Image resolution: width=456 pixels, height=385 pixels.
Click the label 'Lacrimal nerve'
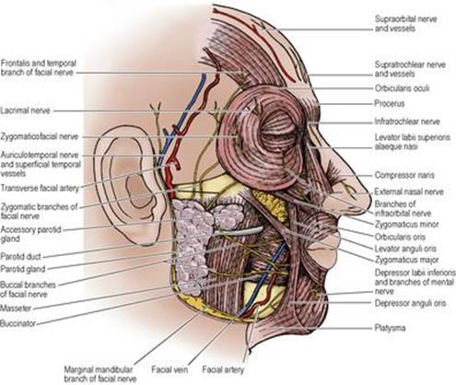click(25, 111)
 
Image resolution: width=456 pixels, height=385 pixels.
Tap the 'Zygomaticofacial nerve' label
click(40, 136)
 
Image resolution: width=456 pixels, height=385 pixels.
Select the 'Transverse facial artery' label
click(40, 188)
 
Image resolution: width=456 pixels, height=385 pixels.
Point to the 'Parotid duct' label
click(20, 256)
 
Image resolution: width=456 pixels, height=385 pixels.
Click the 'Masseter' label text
click(16, 308)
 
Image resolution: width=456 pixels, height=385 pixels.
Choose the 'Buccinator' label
click(18, 323)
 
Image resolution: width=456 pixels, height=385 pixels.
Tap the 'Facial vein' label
click(170, 369)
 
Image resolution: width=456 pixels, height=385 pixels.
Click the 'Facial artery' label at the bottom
click(223, 369)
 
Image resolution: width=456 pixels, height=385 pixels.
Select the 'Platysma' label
click(390, 328)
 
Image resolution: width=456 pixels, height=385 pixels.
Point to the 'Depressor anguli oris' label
click(410, 303)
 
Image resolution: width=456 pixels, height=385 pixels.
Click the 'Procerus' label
click(390, 103)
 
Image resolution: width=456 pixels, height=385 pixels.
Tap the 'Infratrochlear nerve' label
click(407, 122)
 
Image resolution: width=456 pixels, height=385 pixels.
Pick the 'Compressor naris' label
click(404, 175)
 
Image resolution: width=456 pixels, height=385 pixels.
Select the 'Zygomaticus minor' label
click(406, 225)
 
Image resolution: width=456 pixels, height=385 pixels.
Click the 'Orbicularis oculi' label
click(402, 88)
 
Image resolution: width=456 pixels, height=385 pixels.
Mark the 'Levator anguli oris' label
click(405, 249)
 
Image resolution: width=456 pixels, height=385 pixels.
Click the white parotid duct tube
click(239, 231)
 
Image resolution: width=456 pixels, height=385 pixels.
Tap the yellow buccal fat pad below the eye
click(271, 204)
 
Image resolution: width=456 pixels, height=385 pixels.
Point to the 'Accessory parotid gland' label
click(30, 234)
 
